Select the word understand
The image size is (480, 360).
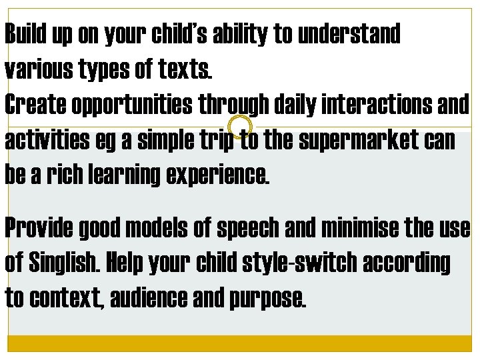click(x=351, y=35)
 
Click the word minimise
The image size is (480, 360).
click(x=357, y=229)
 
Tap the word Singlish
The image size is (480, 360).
click(x=63, y=263)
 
